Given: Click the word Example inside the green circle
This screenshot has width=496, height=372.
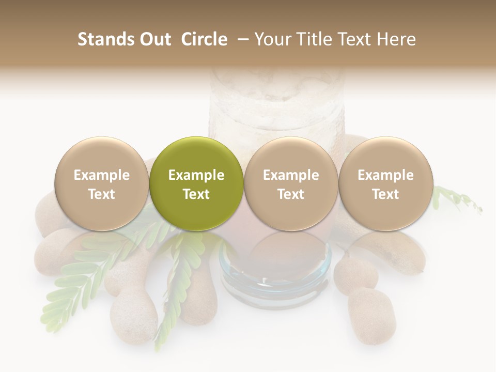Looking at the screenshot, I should tap(196, 175).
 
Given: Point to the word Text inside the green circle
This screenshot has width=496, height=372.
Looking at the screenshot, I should tap(196, 194).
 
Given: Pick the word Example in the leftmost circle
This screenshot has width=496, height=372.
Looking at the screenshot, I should tap(102, 175).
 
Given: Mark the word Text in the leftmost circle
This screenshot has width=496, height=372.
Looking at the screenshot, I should tap(102, 194).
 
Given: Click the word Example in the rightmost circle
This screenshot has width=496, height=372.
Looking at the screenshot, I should tap(385, 175).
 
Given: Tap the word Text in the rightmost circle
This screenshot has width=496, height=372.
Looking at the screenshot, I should tap(385, 194).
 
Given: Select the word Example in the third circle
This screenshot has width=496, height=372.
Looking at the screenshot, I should tap(291, 175).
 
